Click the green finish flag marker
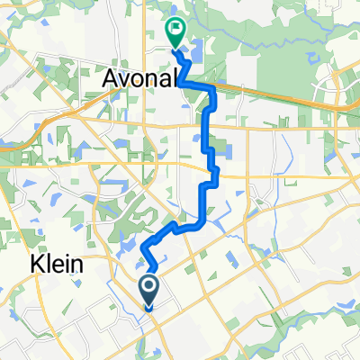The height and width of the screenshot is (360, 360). click(174, 33)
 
